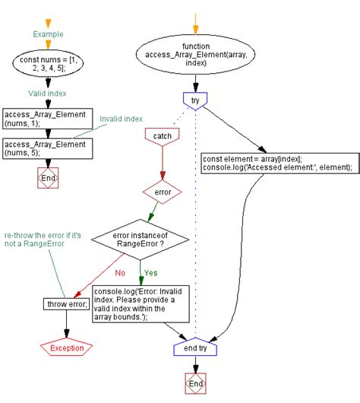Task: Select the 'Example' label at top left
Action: pos(47,33)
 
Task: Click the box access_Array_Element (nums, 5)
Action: pos(47,148)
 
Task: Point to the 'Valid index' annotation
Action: pos(47,92)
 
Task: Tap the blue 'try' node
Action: pos(196,99)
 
